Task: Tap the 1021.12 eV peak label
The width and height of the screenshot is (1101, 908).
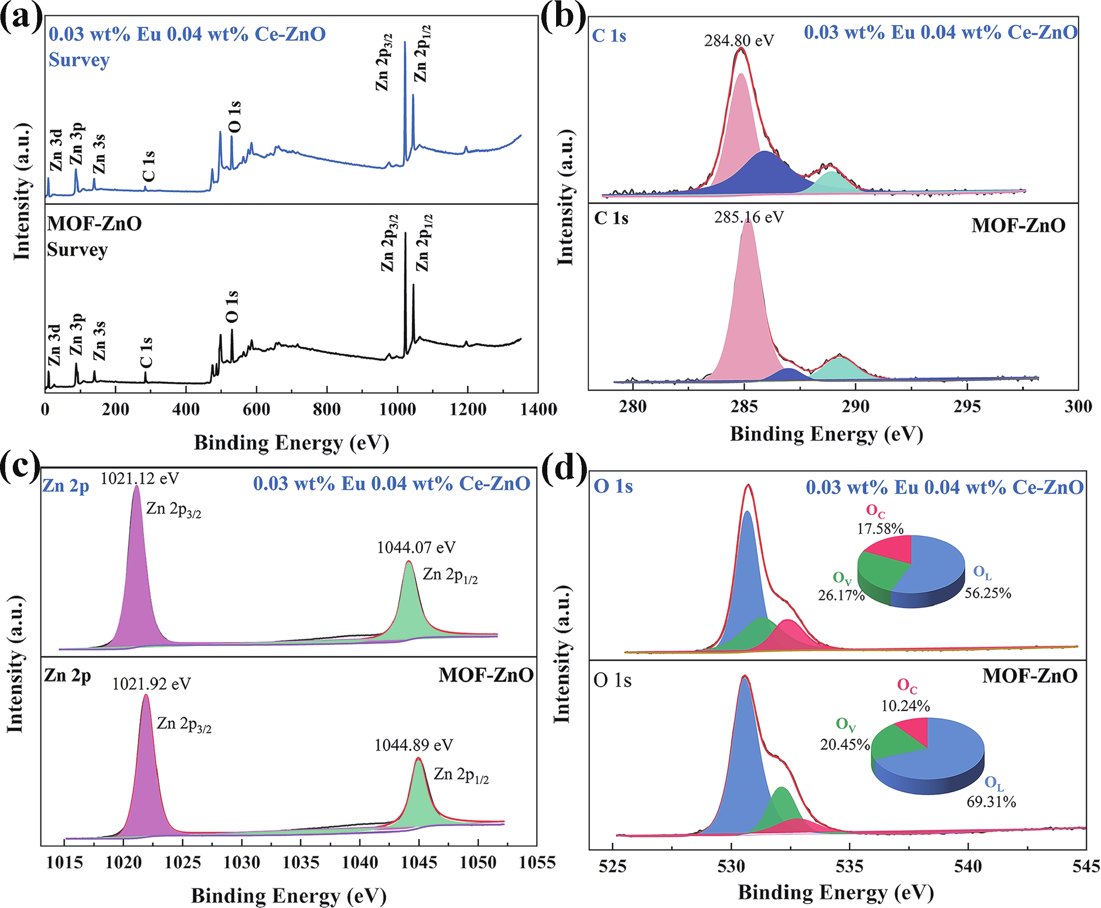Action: [x=140, y=478]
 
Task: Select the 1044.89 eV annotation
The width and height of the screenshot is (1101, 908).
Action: [x=413, y=745]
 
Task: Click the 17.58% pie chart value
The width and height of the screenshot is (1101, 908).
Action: [x=880, y=528]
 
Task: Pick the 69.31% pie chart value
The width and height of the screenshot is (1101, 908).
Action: [x=991, y=801]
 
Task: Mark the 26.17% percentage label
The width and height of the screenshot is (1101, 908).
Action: [x=841, y=595]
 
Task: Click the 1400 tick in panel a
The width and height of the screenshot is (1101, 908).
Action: [x=539, y=409]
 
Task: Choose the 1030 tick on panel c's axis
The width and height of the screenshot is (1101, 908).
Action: [x=242, y=862]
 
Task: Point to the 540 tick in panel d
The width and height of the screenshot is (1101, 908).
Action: [x=968, y=866]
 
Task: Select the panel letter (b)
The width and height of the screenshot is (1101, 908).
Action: [x=564, y=17]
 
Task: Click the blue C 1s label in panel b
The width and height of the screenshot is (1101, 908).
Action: [x=609, y=36]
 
